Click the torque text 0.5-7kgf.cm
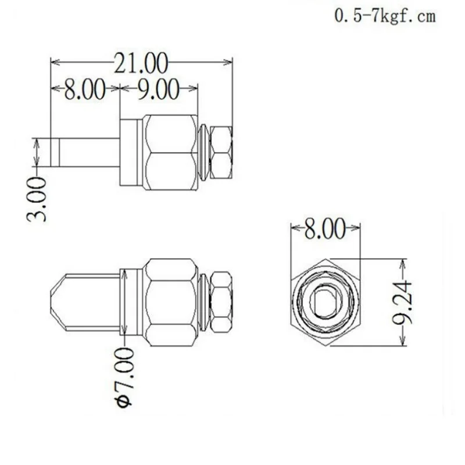(x=384, y=16)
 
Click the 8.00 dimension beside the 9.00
(x=84, y=90)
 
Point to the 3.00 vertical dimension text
(x=36, y=201)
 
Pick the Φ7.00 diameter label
(x=124, y=378)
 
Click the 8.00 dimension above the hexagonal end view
(x=325, y=230)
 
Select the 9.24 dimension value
(x=406, y=302)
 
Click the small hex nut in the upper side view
(x=221, y=152)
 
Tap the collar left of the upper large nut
(x=131, y=152)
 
